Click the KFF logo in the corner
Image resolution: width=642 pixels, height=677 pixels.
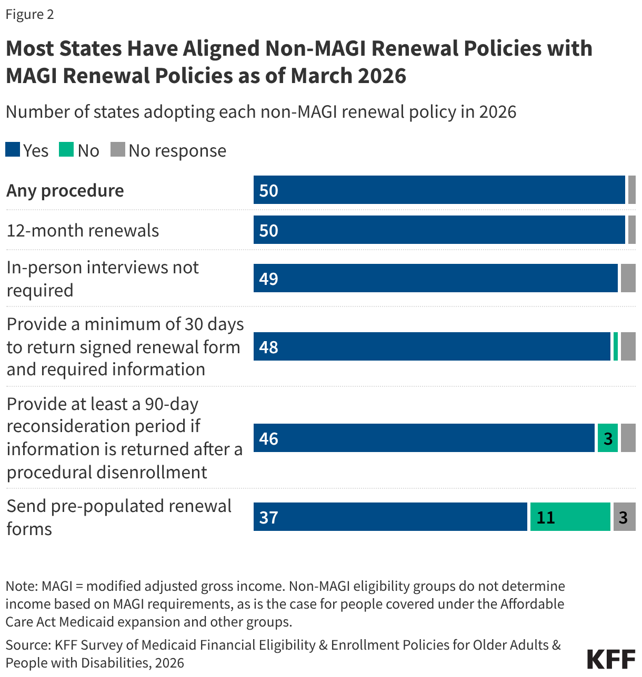point(611,659)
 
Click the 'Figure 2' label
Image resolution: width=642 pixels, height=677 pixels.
point(30,14)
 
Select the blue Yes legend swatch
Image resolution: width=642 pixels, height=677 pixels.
point(13,150)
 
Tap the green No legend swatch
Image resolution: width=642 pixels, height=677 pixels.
point(66,150)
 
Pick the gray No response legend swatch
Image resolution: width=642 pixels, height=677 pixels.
point(118,150)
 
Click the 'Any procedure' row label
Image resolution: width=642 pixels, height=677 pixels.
point(65,190)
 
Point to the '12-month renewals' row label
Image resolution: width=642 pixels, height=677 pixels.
point(83,230)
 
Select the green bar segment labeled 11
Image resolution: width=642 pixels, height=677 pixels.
point(570,517)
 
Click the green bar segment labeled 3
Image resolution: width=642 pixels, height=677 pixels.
point(607,438)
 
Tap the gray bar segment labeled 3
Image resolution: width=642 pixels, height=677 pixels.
point(624,517)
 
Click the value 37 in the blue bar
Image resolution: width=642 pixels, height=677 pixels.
point(268,517)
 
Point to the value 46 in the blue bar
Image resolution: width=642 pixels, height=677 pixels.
point(268,438)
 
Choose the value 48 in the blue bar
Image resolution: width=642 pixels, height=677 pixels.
point(268,347)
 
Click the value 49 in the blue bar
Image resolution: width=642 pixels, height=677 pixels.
point(268,279)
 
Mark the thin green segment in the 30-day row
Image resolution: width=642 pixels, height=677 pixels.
point(616,346)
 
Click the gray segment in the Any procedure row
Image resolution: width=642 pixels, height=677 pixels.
point(631,190)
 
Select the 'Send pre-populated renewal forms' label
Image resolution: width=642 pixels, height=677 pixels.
point(119,517)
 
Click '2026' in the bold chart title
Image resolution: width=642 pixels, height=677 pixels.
point(382,76)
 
